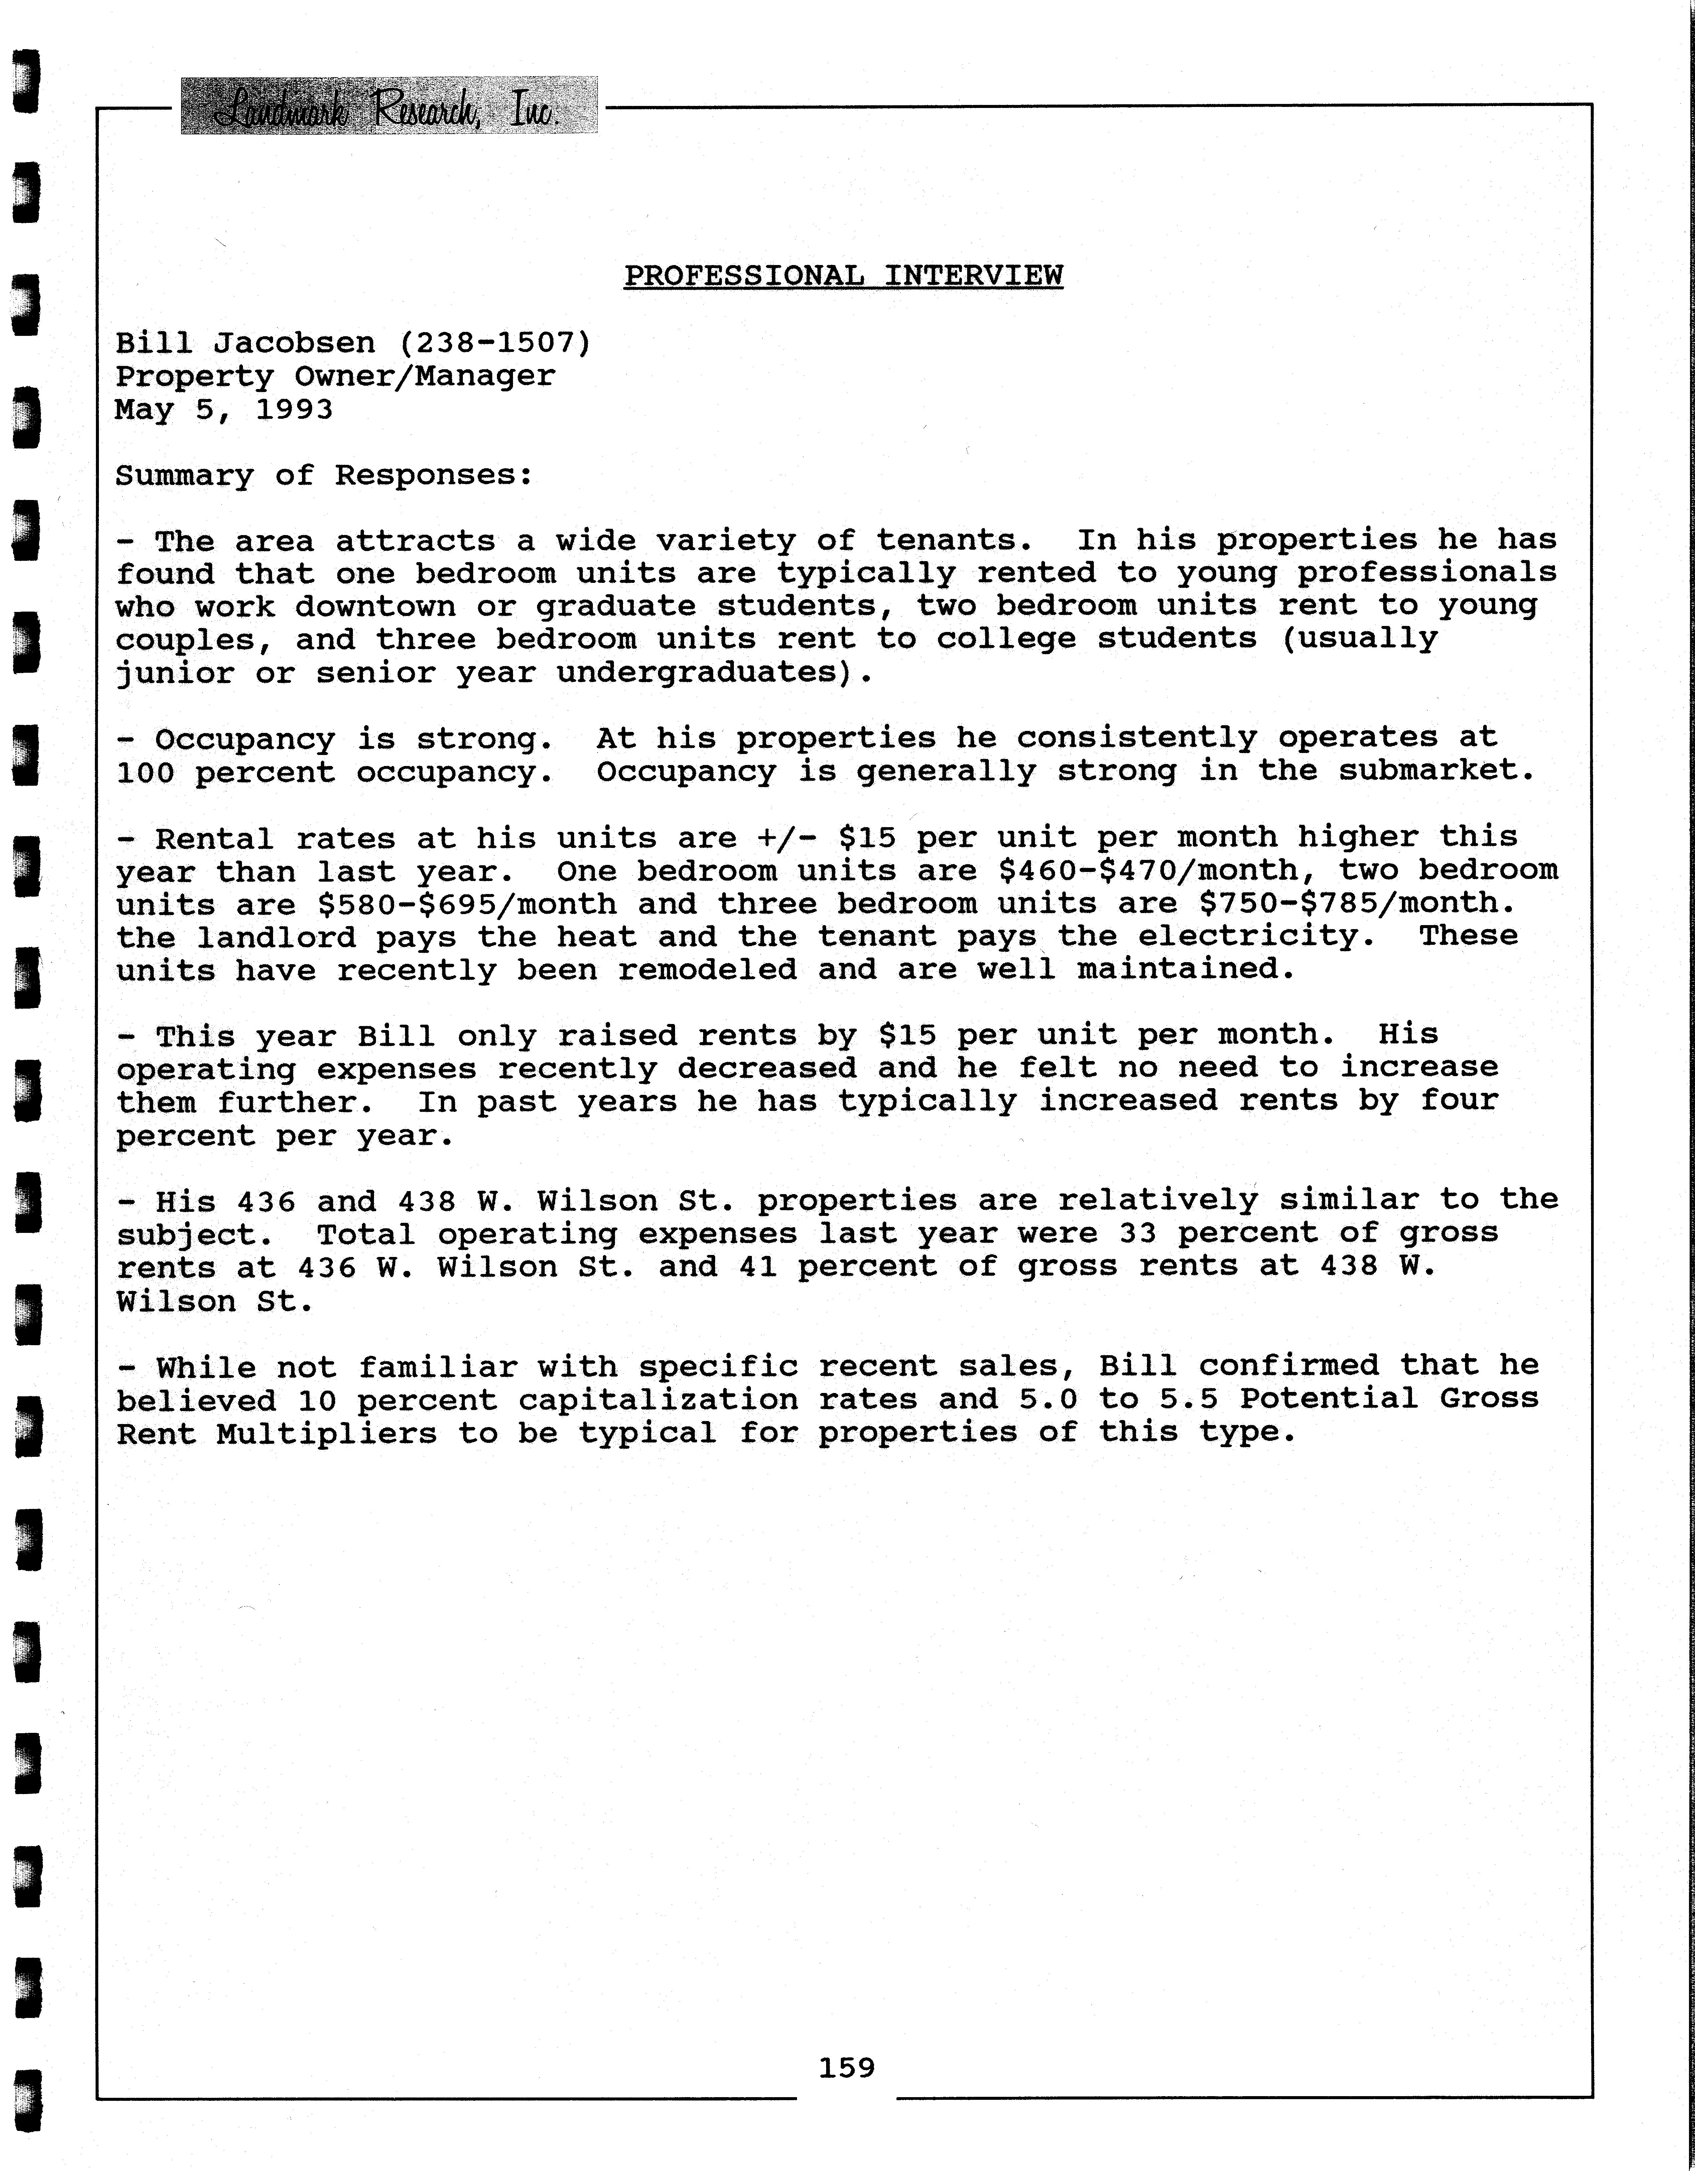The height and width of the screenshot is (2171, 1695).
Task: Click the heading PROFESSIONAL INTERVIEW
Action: tap(843, 275)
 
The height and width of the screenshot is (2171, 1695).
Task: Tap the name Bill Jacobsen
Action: tap(246, 343)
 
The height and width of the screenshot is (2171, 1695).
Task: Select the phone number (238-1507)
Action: tap(495, 343)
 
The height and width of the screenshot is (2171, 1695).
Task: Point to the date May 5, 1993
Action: tap(224, 409)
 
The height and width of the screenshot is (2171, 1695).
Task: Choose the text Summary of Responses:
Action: tap(324, 475)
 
